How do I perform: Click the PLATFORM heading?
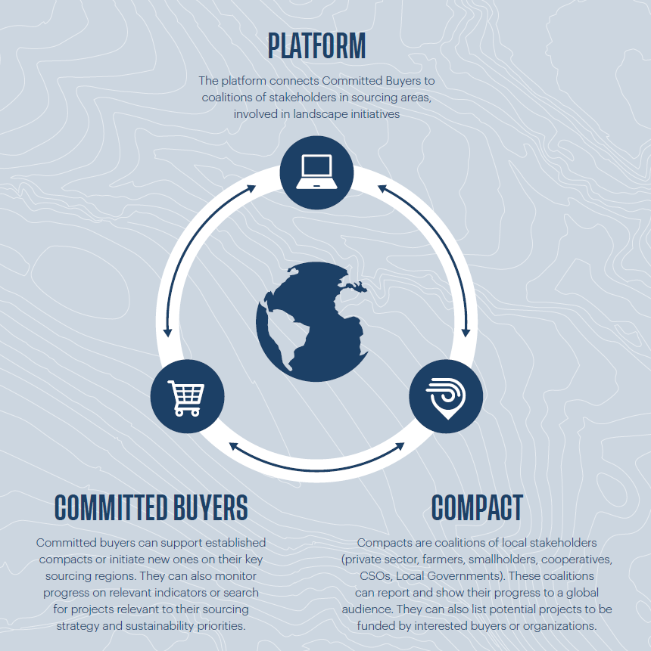316,45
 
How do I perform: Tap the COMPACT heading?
477,507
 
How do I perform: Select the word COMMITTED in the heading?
111,507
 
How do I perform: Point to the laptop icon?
316,172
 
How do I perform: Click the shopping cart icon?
186,398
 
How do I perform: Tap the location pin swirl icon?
446,398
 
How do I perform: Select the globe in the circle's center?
312,321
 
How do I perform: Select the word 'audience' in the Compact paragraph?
366,609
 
